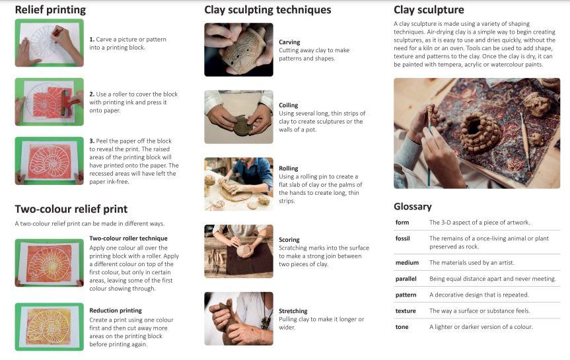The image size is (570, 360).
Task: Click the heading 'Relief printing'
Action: pos(50,10)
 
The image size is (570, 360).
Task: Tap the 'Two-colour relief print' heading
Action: pos(71,209)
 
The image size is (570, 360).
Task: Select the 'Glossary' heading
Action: pos(413,207)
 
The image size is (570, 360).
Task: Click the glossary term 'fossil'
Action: pos(402,238)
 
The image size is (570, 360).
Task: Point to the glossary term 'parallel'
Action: pos(406,279)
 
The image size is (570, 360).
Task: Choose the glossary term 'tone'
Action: pos(402,327)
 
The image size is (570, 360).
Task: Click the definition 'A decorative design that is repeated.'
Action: pos(479,295)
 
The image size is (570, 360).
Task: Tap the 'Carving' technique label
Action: pos(289,42)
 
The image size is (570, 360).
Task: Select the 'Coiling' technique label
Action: pos(288,105)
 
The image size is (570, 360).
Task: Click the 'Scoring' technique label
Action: pos(289,240)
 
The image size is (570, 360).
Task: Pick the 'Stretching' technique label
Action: pos(293,311)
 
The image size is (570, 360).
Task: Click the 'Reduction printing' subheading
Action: pos(116,310)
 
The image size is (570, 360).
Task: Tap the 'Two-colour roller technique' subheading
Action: pos(128,238)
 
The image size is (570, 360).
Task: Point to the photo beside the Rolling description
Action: pos(238,184)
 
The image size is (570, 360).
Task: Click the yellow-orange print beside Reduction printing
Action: pos(49,326)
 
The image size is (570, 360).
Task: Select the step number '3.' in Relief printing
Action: pos(92,141)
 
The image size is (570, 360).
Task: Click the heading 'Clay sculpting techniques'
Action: pos(267,10)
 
